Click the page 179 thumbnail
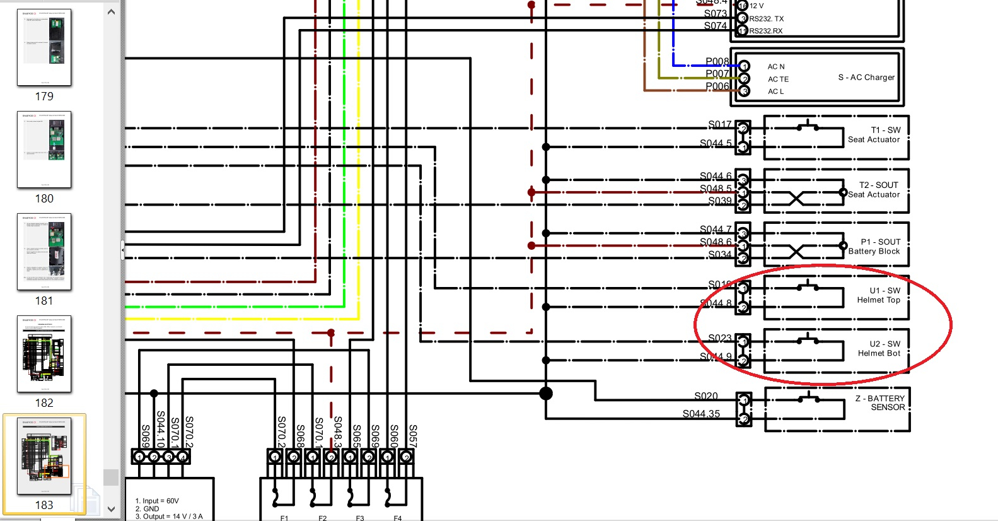point(44,47)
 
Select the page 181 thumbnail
point(44,252)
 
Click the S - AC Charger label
point(866,78)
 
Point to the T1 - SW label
point(885,130)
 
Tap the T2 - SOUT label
point(878,185)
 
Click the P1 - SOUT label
point(880,242)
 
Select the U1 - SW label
point(885,291)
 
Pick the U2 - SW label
point(885,344)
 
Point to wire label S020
point(706,396)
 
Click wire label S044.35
point(701,414)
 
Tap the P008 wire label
point(717,61)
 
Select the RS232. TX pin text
point(766,19)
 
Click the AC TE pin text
point(778,79)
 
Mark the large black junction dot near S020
point(546,394)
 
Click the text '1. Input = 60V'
point(157,501)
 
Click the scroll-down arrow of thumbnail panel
point(112,509)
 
